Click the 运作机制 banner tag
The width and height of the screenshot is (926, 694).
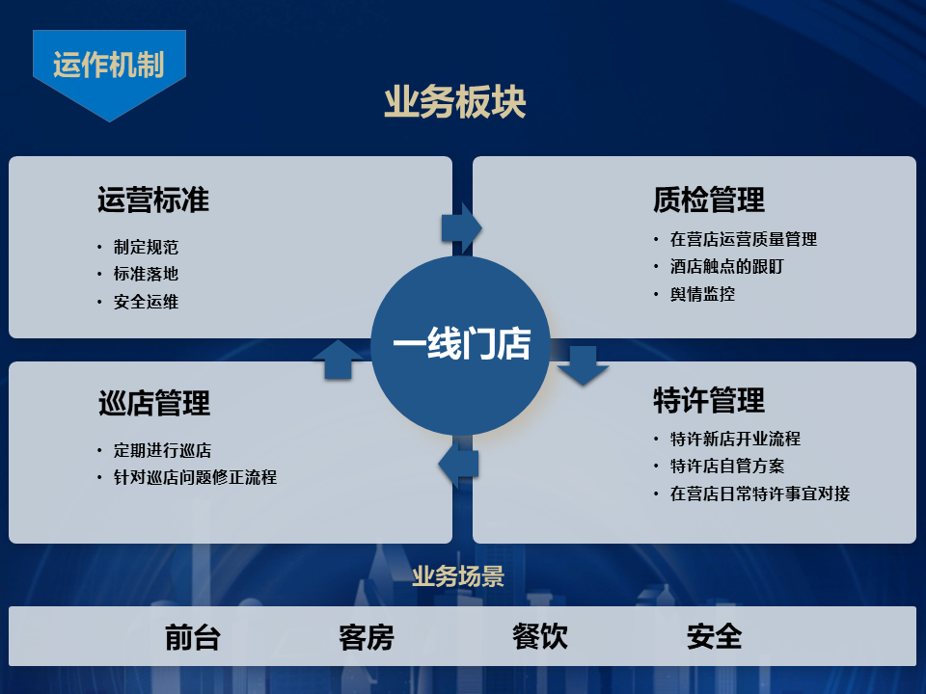[109, 66]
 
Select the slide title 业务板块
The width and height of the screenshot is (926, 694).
[455, 103]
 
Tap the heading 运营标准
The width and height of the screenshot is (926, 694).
[152, 200]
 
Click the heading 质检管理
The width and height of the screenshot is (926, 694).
[708, 200]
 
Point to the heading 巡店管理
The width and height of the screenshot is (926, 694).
[153, 402]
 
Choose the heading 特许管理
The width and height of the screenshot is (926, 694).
[708, 399]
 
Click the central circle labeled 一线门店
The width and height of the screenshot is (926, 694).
[461, 345]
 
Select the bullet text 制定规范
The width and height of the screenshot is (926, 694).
[146, 247]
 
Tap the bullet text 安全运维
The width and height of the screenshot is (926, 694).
[146, 302]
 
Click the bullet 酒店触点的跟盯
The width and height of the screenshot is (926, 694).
[726, 267]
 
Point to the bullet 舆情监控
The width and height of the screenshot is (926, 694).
[702, 294]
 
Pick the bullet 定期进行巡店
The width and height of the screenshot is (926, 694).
[162, 450]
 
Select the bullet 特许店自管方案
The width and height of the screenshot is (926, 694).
[727, 467]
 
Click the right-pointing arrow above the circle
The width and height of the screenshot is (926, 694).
[461, 227]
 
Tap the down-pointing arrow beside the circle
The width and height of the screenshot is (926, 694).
[583, 365]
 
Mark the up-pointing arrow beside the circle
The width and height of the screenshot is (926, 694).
[338, 359]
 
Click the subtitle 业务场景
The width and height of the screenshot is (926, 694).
[458, 577]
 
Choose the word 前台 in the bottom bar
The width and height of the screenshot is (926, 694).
[193, 637]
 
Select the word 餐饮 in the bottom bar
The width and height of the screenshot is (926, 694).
[540, 636]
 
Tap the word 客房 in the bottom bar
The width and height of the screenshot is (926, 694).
[367, 637]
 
